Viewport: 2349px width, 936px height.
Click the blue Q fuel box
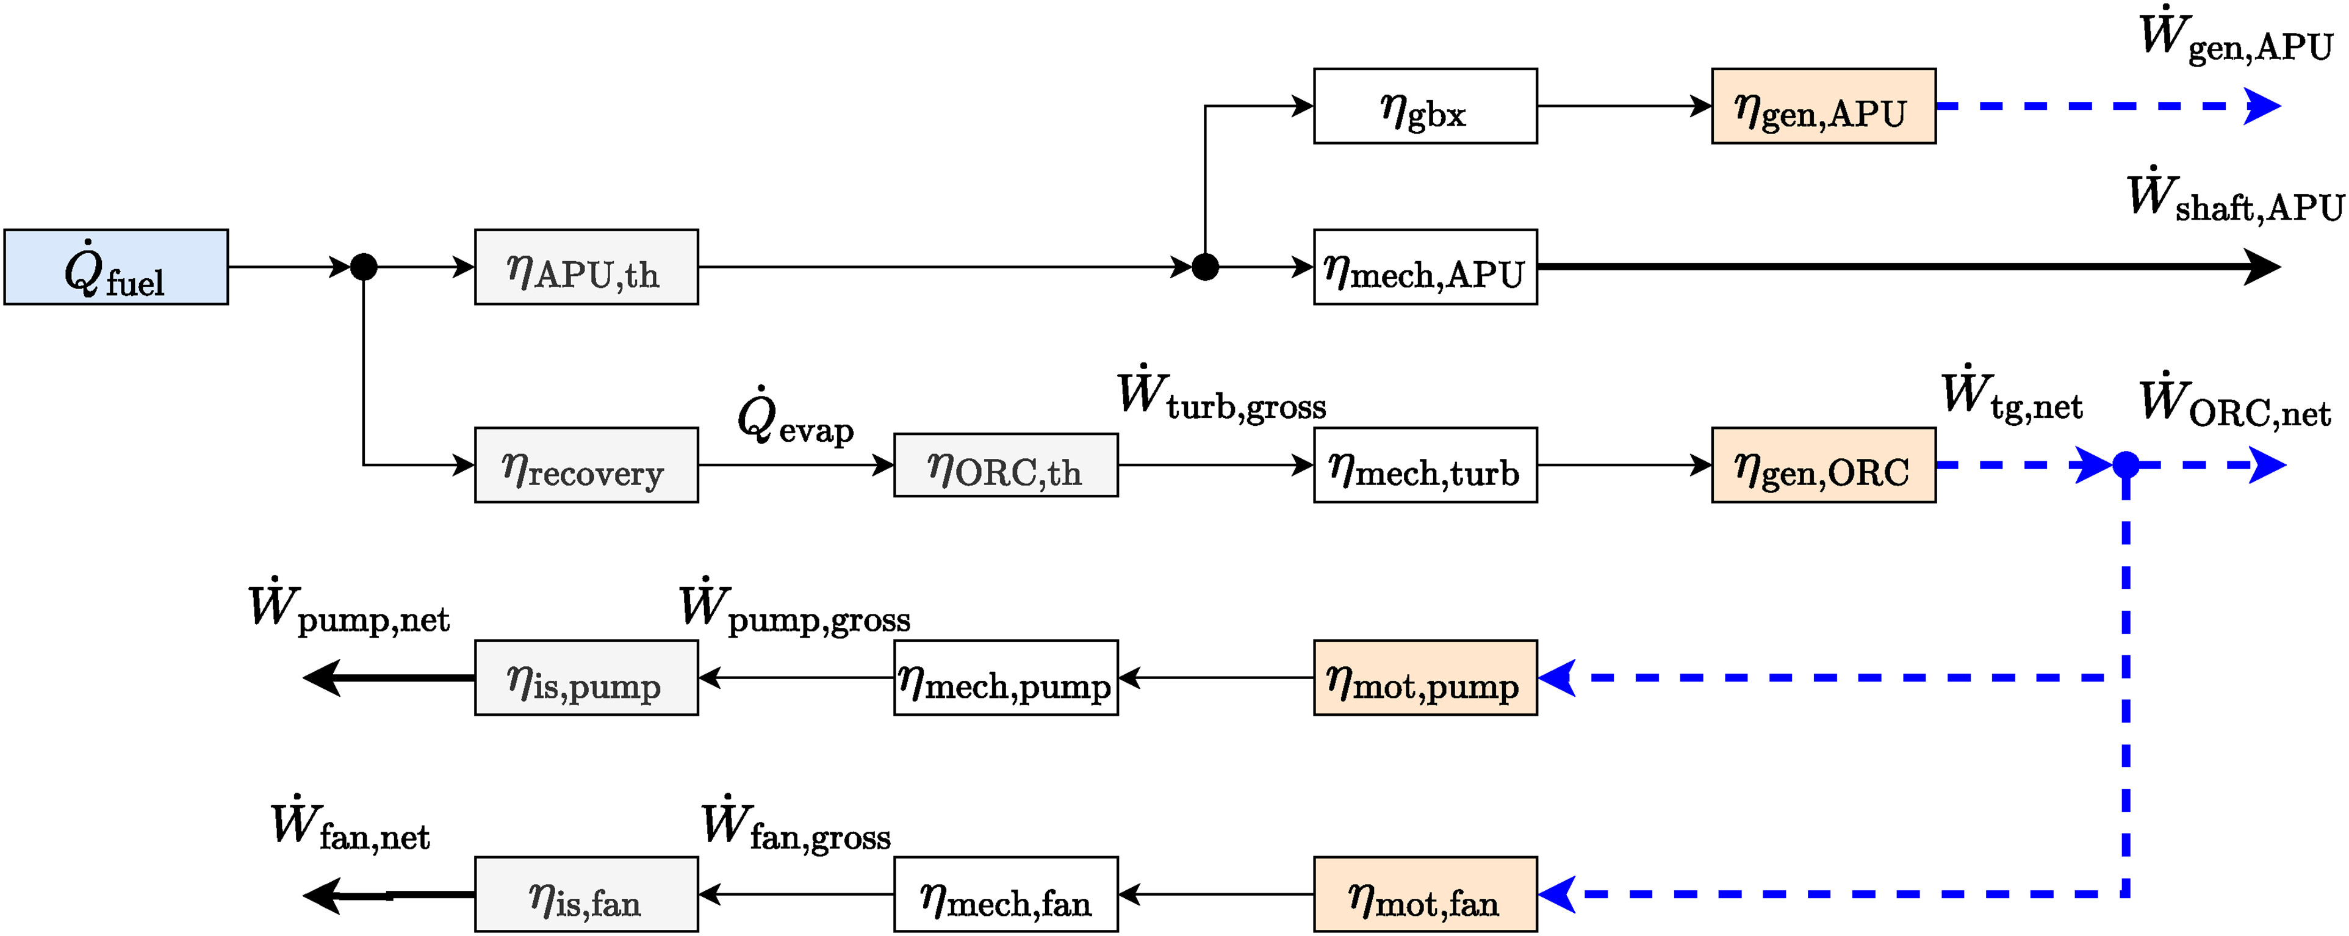coord(116,267)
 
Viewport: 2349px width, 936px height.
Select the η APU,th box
coord(586,267)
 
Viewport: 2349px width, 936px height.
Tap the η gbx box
coord(1425,106)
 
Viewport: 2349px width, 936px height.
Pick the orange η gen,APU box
coord(1823,106)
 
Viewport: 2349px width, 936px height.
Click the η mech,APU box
coord(1425,267)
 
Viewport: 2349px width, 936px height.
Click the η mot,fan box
coord(1425,893)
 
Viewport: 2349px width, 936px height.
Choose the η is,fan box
coord(586,893)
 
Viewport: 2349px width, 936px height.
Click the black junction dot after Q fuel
coord(364,267)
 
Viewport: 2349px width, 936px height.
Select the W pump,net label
coord(348,608)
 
